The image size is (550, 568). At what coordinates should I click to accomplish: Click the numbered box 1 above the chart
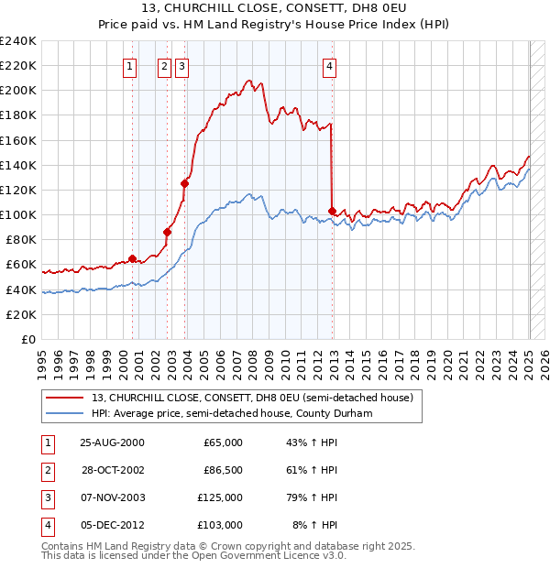tap(129, 65)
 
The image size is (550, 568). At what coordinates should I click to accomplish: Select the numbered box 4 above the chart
tap(328, 65)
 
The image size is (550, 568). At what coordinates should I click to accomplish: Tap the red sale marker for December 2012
tap(332, 211)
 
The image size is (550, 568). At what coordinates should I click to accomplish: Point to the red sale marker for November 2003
tap(184, 183)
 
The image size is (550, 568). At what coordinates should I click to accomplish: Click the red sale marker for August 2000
tap(132, 258)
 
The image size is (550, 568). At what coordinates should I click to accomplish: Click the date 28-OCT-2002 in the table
tap(113, 470)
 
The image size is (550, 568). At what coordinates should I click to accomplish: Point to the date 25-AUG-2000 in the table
tap(113, 442)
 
